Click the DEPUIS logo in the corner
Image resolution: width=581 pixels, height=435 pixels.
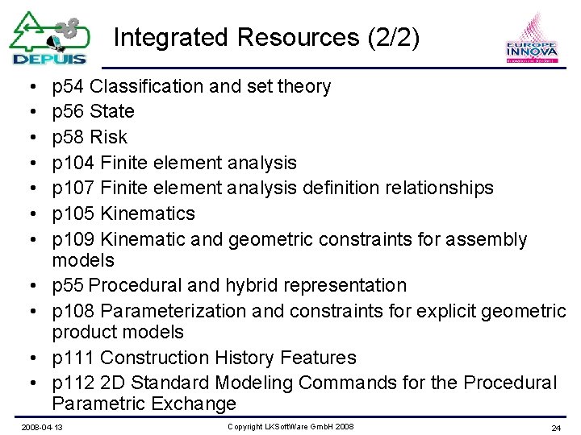48,38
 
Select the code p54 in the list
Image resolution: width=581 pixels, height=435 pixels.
68,86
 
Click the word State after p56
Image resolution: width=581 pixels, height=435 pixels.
112,111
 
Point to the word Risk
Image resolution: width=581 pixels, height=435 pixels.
109,137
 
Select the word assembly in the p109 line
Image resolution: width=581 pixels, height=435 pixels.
489,239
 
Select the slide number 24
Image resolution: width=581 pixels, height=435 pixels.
555,427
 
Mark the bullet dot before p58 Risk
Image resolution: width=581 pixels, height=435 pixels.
28,137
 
